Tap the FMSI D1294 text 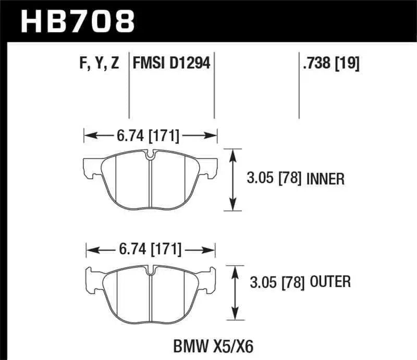point(171,64)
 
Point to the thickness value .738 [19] point(330,64)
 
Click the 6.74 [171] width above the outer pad point(150,250)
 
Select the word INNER point(326,180)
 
